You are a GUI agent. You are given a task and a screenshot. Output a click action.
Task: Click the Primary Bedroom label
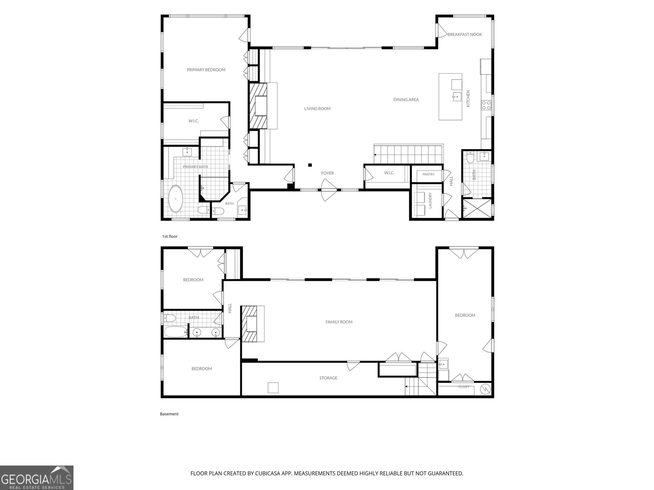tap(206, 69)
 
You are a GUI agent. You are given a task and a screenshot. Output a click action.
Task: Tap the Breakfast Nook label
tap(464, 35)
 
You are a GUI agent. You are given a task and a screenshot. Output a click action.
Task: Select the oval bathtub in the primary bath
tap(175, 199)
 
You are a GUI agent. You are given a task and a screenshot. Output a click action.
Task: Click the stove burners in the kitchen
tap(486, 105)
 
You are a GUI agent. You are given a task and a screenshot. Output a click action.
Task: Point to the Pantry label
tap(428, 174)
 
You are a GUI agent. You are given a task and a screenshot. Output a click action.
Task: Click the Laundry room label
tap(430, 200)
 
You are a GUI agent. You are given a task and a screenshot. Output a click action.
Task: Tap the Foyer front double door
tap(329, 190)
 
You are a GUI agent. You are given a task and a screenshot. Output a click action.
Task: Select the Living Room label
tap(317, 109)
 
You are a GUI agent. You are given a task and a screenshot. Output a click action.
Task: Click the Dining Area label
tap(406, 100)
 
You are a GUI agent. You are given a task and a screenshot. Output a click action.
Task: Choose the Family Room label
tap(339, 322)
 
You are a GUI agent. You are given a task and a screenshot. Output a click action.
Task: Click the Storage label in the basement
tap(328, 378)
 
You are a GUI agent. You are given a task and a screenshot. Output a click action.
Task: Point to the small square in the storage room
tap(273, 388)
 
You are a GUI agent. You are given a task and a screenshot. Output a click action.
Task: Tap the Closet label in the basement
tap(464, 387)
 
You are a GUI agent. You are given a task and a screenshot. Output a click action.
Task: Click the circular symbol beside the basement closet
tap(485, 389)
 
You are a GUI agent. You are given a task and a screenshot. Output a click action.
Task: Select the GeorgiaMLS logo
tap(37, 477)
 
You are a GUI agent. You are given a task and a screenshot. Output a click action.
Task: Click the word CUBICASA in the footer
tap(267, 473)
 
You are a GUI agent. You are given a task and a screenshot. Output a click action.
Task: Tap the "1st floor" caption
tap(170, 236)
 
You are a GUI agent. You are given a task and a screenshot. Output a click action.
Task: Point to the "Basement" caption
tap(169, 414)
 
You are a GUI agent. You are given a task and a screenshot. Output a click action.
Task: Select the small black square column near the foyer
tap(310, 165)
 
